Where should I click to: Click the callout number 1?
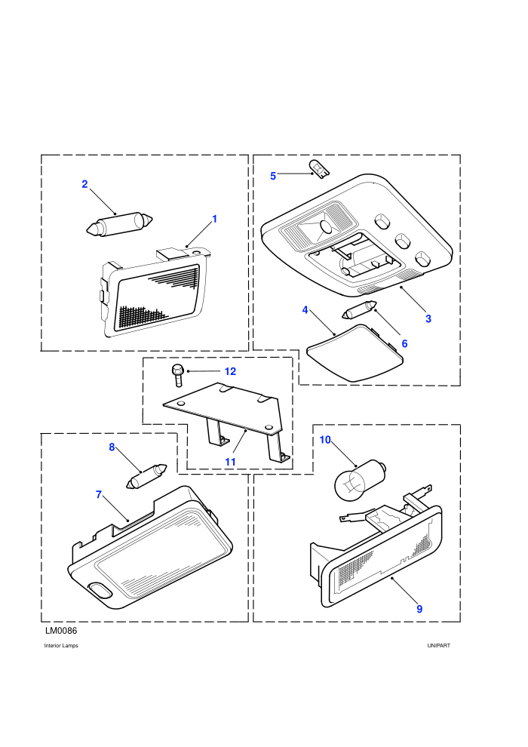click(215, 219)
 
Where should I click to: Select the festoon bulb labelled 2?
click(119, 224)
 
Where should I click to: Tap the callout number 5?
click(273, 177)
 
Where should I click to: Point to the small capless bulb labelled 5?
click(318, 169)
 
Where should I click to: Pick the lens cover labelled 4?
click(355, 353)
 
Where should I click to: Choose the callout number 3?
click(428, 318)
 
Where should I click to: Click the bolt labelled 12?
click(177, 377)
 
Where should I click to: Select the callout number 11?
click(231, 462)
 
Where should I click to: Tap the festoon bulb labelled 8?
click(146, 476)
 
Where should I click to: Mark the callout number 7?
click(99, 495)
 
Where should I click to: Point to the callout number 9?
click(419, 609)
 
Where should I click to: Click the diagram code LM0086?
click(61, 631)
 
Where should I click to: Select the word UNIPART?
click(438, 646)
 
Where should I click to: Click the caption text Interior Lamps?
click(61, 646)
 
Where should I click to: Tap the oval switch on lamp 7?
click(100, 590)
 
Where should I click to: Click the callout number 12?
click(231, 371)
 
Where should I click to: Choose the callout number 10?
click(325, 440)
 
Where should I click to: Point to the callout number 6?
click(405, 344)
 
